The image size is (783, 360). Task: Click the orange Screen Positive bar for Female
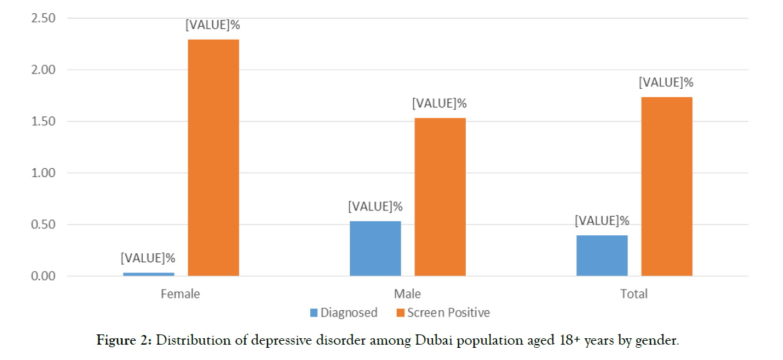(213, 158)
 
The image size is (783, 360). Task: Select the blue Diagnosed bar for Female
(148, 274)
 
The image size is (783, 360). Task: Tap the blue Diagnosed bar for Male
(376, 249)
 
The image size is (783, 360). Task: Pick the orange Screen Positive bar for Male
(439, 197)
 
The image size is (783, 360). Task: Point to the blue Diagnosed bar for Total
(602, 256)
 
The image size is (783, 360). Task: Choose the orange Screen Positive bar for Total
(667, 187)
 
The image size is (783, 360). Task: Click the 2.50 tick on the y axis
(43, 18)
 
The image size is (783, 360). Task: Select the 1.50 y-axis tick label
(43, 121)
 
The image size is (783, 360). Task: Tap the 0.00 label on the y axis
(43, 276)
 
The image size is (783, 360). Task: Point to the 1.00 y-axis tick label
(43, 173)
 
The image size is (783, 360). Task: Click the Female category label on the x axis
(180, 294)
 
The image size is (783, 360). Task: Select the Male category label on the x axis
(407, 294)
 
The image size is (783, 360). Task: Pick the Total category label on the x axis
(634, 294)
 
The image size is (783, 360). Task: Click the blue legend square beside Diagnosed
(313, 313)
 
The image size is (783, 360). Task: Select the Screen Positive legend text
(448, 313)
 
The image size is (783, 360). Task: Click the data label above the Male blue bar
(376, 207)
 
